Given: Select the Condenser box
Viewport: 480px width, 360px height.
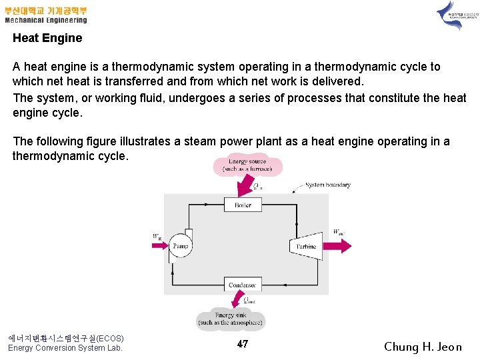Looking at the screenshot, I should click(242, 285).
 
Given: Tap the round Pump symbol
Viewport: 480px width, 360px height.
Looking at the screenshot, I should click(180, 245).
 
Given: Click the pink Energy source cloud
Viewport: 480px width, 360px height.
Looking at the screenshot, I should click(247, 165).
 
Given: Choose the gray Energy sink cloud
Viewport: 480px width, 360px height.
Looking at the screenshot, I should click(231, 318).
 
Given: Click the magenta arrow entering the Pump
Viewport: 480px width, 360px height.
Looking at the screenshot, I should click(160, 245).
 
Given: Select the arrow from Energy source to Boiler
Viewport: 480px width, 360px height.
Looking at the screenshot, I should click(243, 187).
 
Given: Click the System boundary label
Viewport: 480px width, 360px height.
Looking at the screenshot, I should click(327, 185).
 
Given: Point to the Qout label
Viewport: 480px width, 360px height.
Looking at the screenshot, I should click(248, 300).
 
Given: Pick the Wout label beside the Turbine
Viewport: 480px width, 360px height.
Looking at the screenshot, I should click(339, 232).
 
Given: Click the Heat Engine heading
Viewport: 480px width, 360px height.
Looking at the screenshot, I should click(47, 38).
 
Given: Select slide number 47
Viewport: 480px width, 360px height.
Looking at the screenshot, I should click(242, 344).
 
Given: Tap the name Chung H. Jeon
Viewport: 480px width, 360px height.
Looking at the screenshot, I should click(423, 347).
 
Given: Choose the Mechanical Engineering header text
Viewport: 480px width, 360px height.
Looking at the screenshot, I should click(46, 20).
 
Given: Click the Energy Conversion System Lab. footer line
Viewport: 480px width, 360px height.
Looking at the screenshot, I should click(65, 348).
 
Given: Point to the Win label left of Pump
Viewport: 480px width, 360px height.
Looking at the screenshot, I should click(157, 236).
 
